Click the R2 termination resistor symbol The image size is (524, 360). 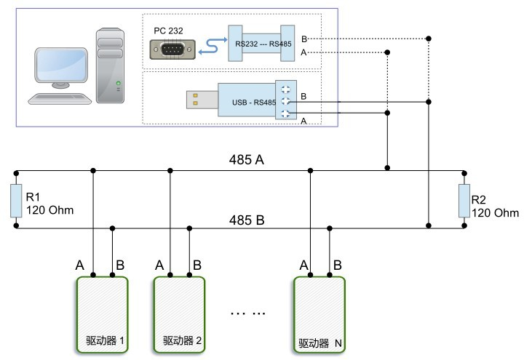click(x=463, y=201)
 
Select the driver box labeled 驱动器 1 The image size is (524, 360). click(x=102, y=313)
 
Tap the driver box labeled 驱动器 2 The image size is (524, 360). click(x=178, y=313)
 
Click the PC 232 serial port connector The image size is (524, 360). click(x=172, y=49)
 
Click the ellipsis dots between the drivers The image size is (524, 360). click(x=248, y=312)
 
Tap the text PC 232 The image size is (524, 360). click(x=169, y=31)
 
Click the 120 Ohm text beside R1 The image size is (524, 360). click(x=50, y=211)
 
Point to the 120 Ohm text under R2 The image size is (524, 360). click(x=496, y=213)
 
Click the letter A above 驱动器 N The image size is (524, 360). click(x=303, y=265)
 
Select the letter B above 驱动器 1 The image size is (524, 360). click(x=120, y=265)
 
